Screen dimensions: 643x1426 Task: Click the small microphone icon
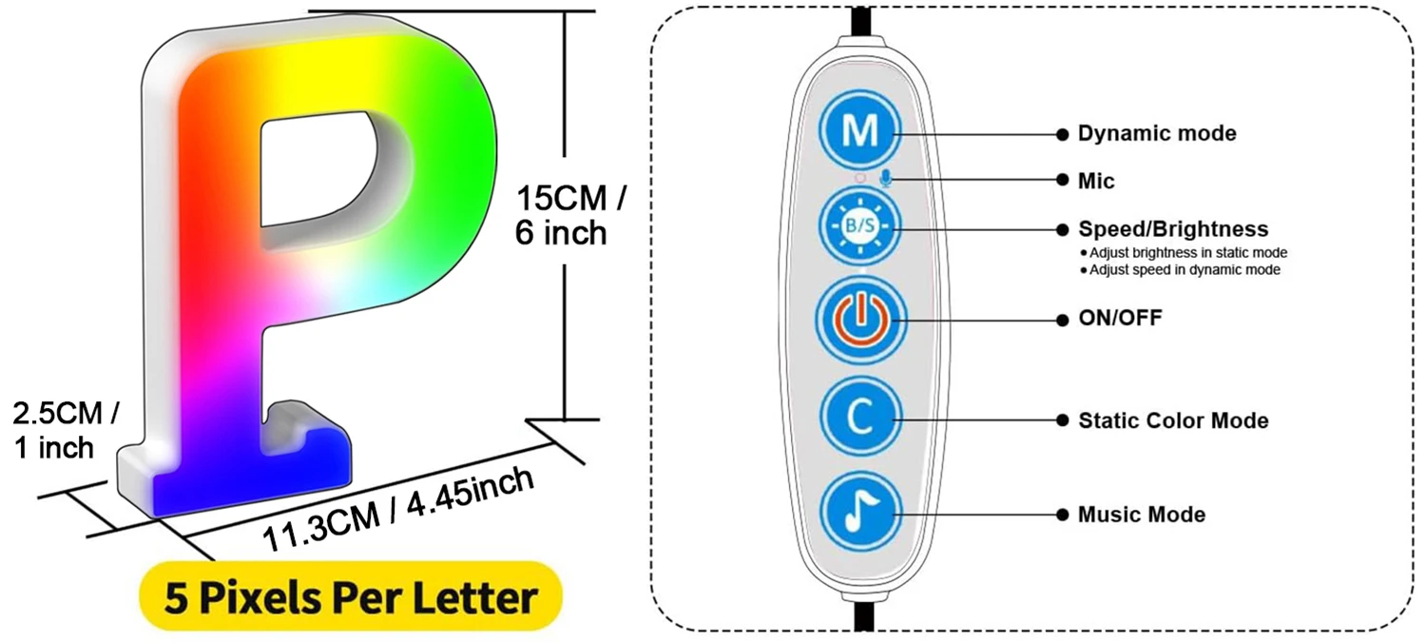886,179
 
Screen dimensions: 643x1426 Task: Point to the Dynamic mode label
1157,133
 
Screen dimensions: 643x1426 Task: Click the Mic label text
1096,180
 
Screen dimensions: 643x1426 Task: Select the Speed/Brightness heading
1173,229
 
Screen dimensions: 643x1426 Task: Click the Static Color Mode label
1173,419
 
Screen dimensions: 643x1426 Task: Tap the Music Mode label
1142,515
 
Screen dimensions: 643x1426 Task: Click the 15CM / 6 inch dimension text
570,216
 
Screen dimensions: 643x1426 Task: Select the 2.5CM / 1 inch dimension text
66,429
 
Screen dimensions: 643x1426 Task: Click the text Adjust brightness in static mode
1188,253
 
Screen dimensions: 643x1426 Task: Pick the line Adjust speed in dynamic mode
1185,270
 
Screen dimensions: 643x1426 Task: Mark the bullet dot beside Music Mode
1061,515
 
